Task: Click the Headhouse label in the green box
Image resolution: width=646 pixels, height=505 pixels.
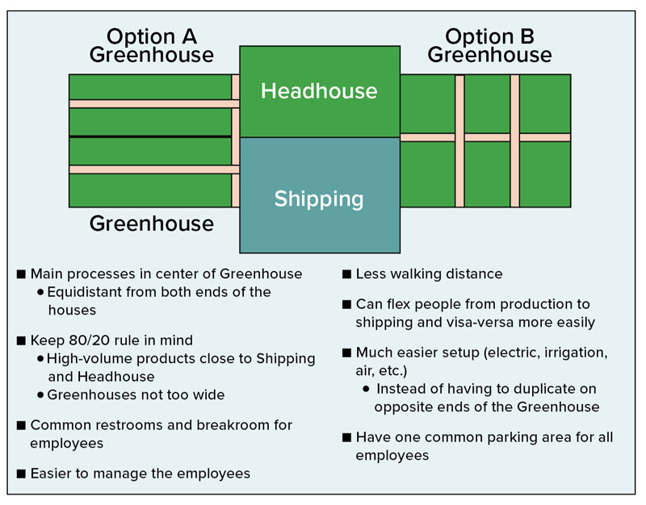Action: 319,90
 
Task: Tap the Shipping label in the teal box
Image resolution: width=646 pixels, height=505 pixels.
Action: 319,199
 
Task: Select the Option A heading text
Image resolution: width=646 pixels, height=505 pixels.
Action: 152,36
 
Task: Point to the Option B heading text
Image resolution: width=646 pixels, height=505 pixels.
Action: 489,36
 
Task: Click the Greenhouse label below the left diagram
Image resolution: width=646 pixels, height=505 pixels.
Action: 152,223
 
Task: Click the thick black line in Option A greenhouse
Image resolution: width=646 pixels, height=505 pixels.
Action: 150,136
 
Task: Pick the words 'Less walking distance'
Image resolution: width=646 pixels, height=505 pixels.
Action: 429,273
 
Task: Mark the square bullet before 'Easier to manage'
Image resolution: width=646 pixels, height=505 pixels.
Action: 21,474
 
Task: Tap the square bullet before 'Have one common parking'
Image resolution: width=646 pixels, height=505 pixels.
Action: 346,437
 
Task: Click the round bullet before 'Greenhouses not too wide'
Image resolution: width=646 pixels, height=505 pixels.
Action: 40,395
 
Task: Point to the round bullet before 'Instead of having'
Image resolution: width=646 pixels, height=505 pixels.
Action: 366,389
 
